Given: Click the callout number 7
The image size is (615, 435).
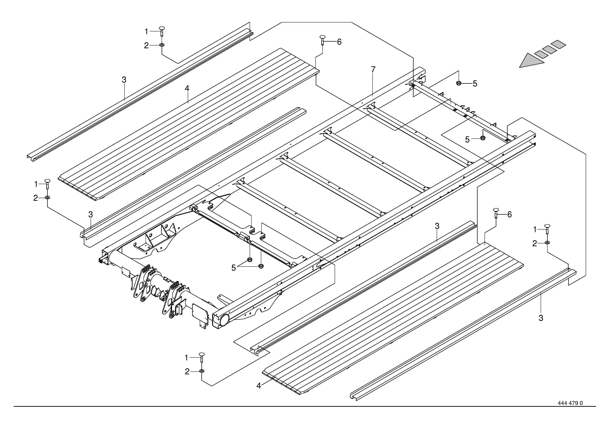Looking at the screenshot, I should (x=373, y=69).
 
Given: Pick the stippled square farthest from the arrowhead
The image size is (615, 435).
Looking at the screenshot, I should (x=558, y=45).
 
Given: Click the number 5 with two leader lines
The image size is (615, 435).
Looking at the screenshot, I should (x=234, y=268).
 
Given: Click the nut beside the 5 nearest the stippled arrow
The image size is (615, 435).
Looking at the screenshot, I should (x=459, y=83).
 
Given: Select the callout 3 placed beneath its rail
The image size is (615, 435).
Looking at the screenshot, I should (x=541, y=318).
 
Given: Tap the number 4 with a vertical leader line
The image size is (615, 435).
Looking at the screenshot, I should (x=187, y=88).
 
